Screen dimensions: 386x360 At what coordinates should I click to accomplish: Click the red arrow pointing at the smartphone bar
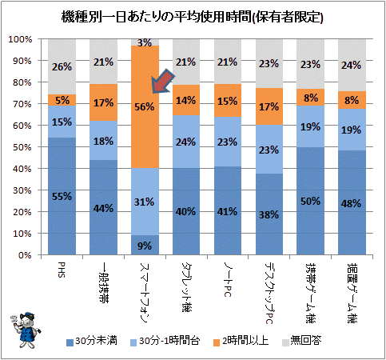click(162, 82)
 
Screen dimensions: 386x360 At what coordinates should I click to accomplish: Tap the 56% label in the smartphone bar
click(144, 107)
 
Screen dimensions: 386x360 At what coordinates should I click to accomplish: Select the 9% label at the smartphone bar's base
click(145, 246)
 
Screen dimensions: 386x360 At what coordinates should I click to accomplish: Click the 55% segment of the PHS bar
click(62, 196)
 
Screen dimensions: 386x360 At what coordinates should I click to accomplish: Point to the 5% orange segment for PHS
click(62, 100)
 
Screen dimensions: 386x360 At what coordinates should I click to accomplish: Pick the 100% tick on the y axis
click(20, 39)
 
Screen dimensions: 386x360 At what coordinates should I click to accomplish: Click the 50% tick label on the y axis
click(22, 147)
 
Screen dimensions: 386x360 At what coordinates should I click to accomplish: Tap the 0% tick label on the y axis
click(25, 255)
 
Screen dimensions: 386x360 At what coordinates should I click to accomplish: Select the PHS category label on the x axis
click(62, 270)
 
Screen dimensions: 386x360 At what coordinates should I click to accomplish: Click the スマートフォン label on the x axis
click(145, 293)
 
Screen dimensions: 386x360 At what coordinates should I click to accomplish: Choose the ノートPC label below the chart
click(228, 280)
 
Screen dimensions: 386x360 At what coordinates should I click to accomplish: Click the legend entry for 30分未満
click(92, 341)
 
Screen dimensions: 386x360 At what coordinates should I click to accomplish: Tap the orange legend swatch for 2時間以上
click(217, 342)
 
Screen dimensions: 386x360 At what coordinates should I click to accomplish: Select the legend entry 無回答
click(302, 341)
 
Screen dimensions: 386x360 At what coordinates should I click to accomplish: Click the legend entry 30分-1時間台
click(165, 341)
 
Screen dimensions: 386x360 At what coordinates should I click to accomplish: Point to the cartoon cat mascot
click(26, 330)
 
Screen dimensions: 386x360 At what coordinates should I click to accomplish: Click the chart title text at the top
click(193, 17)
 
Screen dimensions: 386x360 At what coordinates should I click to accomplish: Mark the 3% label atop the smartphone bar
click(145, 42)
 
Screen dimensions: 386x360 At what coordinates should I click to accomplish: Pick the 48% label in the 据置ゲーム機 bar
click(352, 204)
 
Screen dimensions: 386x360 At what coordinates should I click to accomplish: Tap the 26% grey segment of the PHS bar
click(62, 67)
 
